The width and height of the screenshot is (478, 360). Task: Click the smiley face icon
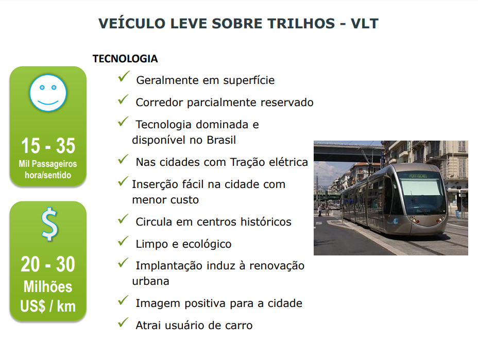point(48,93)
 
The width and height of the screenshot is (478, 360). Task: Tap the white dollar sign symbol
point(49,224)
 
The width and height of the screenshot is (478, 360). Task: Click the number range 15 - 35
point(48,145)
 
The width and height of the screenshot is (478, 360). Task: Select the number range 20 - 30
point(48,264)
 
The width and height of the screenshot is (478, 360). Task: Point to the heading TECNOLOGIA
point(125,59)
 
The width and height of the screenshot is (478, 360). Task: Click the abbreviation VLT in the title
point(364,24)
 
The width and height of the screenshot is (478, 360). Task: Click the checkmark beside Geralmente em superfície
point(124,76)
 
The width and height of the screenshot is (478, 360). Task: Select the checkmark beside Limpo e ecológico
point(124,241)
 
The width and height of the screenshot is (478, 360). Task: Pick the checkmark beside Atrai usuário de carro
point(124,322)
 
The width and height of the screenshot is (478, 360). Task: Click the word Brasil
point(221,140)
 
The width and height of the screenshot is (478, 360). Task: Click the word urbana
point(150,281)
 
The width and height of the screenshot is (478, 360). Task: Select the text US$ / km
point(48,306)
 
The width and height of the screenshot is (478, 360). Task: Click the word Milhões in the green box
point(48,286)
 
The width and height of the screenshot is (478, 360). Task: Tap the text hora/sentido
point(48,175)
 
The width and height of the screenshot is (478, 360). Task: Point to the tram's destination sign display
point(418,176)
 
